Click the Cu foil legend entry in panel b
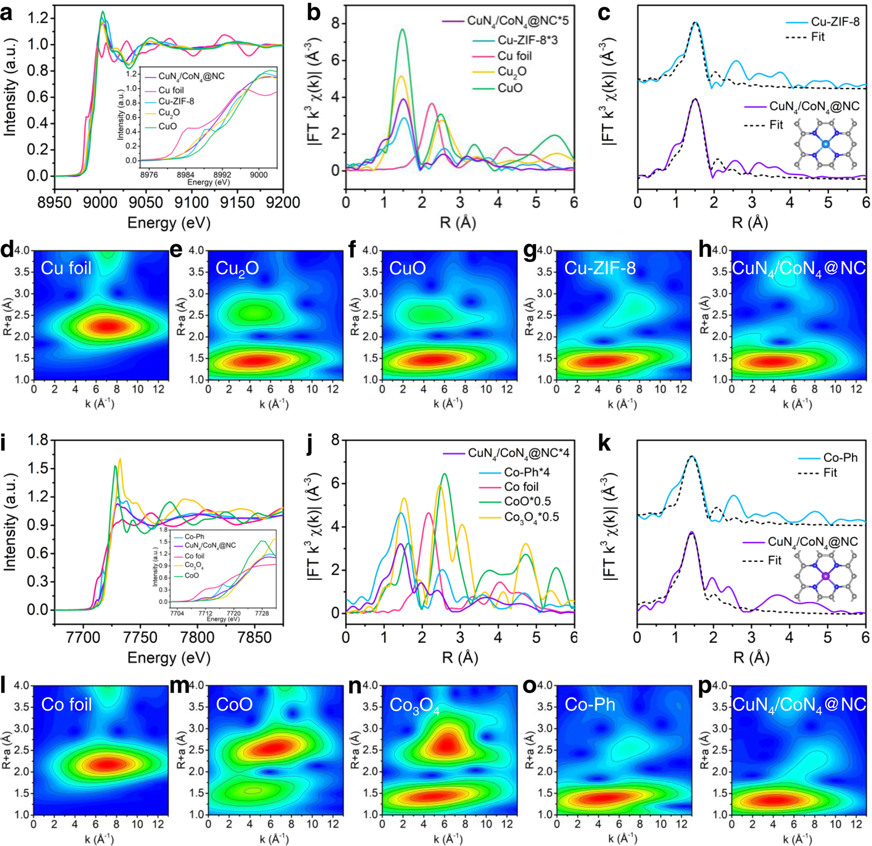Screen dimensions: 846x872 514,56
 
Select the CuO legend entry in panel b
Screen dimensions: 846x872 510,88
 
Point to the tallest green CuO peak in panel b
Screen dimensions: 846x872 402,30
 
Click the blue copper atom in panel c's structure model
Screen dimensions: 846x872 825,144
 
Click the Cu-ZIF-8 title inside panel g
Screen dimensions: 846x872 600,268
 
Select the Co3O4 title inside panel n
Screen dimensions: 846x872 414,705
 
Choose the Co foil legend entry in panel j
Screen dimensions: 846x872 521,487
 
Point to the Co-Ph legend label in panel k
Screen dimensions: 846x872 840,458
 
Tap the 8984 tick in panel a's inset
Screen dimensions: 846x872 186,175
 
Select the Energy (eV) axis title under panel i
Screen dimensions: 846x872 169,657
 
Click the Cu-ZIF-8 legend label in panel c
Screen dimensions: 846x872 835,22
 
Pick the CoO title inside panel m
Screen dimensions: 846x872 234,704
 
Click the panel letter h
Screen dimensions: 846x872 706,250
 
